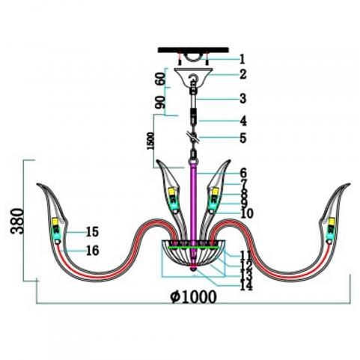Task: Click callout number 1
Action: pyautogui.click(x=242, y=59)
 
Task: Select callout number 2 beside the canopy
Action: pyautogui.click(x=243, y=74)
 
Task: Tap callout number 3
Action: pyautogui.click(x=242, y=98)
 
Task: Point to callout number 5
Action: pyautogui.click(x=243, y=138)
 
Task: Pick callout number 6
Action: pyautogui.click(x=243, y=173)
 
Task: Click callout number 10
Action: pyautogui.click(x=247, y=213)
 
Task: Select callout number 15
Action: pyautogui.click(x=92, y=232)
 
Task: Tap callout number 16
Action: pyautogui.click(x=93, y=250)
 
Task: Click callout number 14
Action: pyautogui.click(x=246, y=285)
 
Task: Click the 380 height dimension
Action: pyautogui.click(x=17, y=221)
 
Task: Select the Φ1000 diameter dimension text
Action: pyautogui.click(x=193, y=297)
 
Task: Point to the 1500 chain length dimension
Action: pyautogui.click(x=150, y=141)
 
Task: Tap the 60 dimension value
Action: pyautogui.click(x=160, y=78)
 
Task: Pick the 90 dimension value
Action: pyautogui.click(x=160, y=103)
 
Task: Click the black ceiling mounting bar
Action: pyautogui.click(x=193, y=50)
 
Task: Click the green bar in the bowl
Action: pyautogui.click(x=194, y=247)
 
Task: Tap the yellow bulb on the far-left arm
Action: pyautogui.click(x=55, y=222)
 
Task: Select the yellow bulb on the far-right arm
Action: pyautogui.click(x=332, y=222)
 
